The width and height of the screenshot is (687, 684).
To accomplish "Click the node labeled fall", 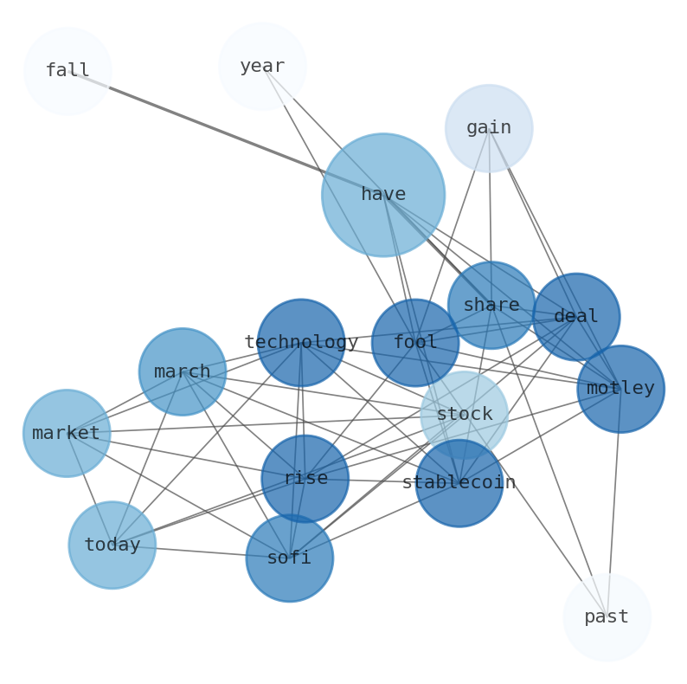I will (67, 71).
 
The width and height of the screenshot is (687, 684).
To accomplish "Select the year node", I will (262, 67).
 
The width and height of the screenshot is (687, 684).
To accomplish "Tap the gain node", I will (489, 128).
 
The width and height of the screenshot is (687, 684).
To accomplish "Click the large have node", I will (383, 195).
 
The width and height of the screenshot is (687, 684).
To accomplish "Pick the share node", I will (491, 305).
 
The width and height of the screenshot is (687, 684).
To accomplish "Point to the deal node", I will (576, 317).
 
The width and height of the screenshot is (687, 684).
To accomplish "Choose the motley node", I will (620, 389).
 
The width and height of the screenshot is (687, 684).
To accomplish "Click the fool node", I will (415, 343).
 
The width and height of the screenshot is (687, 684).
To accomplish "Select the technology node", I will (301, 343).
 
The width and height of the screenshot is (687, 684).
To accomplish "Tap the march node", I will (183, 371).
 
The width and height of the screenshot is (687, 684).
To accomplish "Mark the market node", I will (67, 433).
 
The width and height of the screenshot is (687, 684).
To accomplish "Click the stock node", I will (465, 415).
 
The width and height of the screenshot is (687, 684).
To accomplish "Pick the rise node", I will (305, 479).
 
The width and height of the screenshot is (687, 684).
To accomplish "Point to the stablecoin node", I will (459, 483).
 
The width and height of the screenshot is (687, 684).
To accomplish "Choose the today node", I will (112, 545).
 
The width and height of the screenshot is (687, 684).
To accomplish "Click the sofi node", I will (289, 558).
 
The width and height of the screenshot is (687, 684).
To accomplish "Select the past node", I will (607, 617).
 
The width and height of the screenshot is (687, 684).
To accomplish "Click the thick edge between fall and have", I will (225, 132).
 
